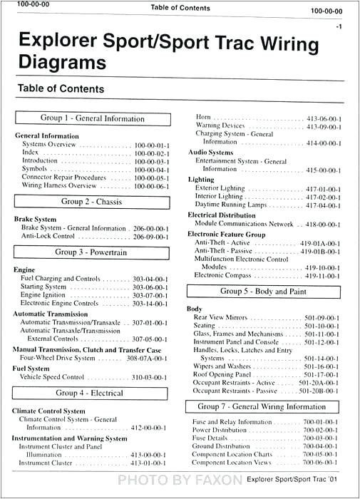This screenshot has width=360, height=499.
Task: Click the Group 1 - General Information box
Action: pos(93,119)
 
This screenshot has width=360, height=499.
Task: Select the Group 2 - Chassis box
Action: pos(93,202)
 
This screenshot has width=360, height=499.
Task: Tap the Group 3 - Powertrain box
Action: pos(93,252)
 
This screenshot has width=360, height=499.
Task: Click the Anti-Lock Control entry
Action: pos(49,237)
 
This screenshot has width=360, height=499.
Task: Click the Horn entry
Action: pos(203,117)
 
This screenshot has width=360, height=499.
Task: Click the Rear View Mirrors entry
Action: pos(221,318)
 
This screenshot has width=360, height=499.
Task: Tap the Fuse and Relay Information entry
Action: pos(232,423)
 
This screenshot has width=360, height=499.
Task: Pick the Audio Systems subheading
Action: pos(210,153)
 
